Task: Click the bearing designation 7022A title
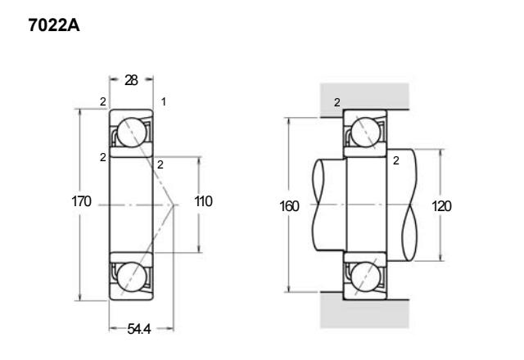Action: pos(54,25)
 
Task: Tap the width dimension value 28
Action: pos(131,80)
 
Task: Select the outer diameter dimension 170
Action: pos(81,201)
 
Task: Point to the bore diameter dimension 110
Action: pos(203,201)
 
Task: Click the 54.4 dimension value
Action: pos(139,329)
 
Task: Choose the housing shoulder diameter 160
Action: pos(289,206)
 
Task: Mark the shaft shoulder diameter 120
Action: pos(441,206)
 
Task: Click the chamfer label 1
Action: pos(164,101)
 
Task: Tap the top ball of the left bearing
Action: pos(132,133)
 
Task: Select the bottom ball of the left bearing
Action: pos(132,277)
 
